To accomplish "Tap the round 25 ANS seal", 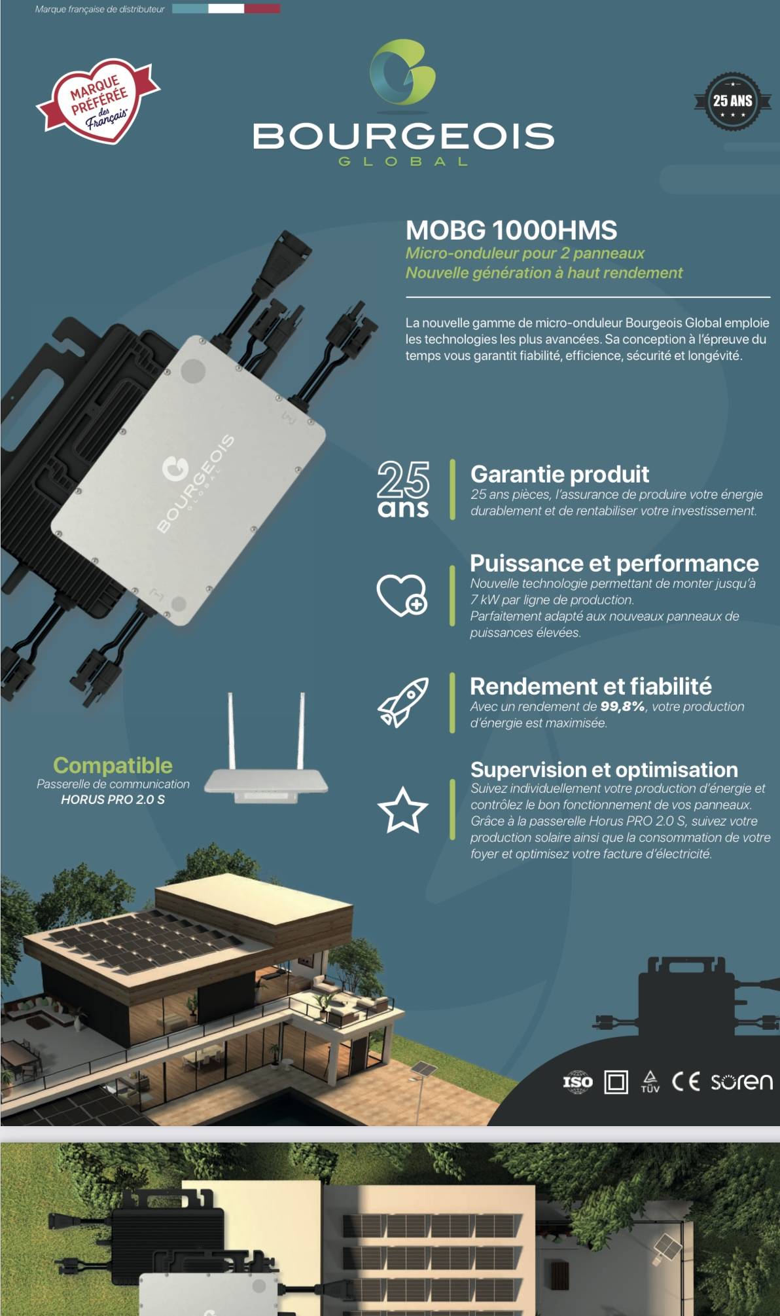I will pyautogui.click(x=732, y=101).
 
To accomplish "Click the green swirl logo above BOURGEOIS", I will pyautogui.click(x=402, y=72).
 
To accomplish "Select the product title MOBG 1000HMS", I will pyautogui.click(x=511, y=230).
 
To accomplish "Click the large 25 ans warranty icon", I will pyautogui.click(x=403, y=489).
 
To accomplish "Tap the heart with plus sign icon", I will pyautogui.click(x=402, y=595).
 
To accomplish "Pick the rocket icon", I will pyautogui.click(x=403, y=703).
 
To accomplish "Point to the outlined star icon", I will pyautogui.click(x=402, y=811).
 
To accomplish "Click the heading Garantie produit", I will pyautogui.click(x=559, y=474).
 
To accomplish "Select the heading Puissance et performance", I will pyautogui.click(x=614, y=563).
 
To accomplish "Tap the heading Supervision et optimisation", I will pyautogui.click(x=604, y=769).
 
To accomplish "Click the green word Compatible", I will pyautogui.click(x=113, y=765).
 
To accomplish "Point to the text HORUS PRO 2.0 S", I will pyautogui.click(x=113, y=799).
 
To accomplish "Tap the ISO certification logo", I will pyautogui.click(x=578, y=1082).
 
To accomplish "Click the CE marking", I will pyautogui.click(x=686, y=1081).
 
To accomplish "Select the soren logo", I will pyautogui.click(x=741, y=1082).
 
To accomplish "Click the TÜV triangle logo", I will pyautogui.click(x=650, y=1081).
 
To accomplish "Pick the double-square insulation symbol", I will pyautogui.click(x=616, y=1082).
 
